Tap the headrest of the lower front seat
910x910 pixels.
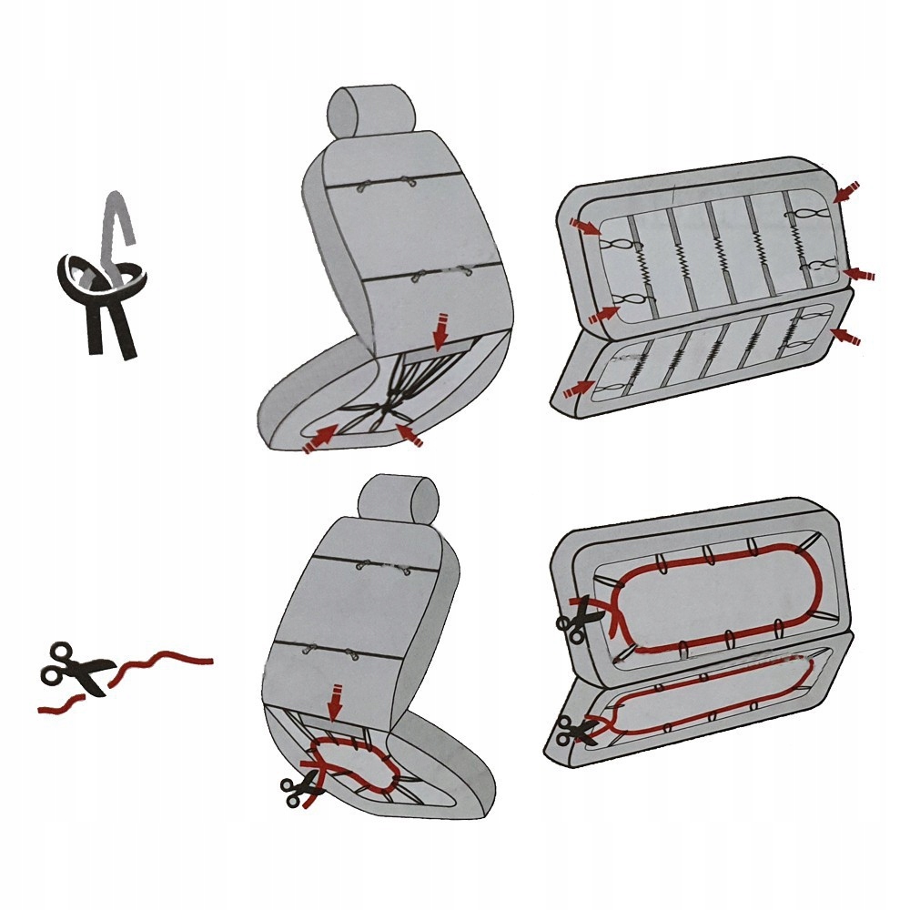pos(398,499)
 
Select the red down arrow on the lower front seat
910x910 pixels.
pos(336,701)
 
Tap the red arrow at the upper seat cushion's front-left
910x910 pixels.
pos(318,439)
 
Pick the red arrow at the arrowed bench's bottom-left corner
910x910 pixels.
pos(574,389)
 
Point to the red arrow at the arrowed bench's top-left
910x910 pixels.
pos(584,227)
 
